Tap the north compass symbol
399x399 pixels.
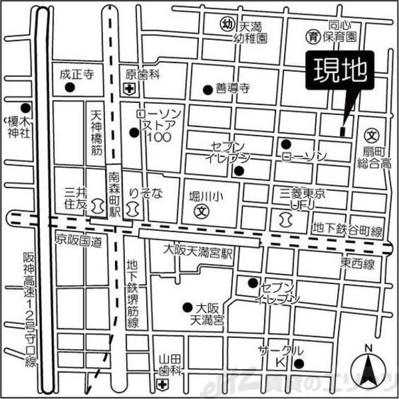[370, 367]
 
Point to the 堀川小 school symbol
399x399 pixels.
[200, 212]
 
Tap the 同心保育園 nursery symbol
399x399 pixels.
[311, 35]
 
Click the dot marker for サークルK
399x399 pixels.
[299, 363]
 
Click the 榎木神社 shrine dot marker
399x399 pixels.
[25, 107]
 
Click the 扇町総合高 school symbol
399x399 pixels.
[372, 133]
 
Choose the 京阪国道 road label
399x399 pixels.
[78, 239]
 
